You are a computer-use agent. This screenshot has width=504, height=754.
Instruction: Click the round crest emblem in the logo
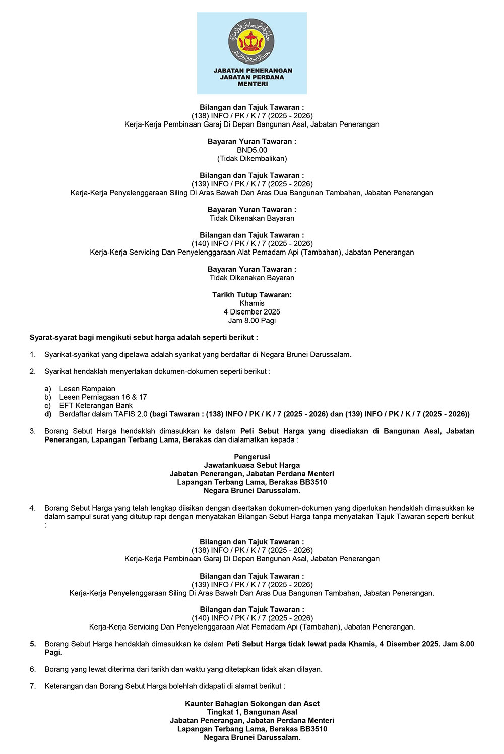252,39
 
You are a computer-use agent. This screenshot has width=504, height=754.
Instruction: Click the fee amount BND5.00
252,150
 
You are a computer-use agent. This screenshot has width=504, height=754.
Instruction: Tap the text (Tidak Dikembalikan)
252,159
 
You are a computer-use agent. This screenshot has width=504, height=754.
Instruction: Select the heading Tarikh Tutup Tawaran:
252,295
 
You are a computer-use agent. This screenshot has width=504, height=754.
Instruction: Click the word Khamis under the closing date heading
252,303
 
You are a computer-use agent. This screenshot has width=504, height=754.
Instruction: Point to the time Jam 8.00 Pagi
252,321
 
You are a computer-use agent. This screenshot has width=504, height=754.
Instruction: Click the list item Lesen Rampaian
87,389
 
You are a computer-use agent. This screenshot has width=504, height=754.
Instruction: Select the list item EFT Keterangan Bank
96,406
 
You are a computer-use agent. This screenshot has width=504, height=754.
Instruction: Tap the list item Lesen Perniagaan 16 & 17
103,397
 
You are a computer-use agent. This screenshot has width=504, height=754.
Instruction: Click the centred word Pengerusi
252,457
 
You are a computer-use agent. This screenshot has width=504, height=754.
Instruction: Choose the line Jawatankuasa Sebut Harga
252,465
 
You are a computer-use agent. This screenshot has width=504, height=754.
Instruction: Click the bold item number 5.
33,644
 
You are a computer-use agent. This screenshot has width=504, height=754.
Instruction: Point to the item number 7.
33,686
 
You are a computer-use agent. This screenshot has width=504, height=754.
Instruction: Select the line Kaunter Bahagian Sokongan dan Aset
252,704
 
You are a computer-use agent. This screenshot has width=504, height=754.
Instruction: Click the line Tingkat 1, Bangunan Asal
252,712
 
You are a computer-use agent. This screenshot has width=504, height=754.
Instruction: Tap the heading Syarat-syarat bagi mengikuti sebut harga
144,337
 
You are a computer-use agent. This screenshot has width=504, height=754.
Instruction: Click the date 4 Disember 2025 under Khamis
252,312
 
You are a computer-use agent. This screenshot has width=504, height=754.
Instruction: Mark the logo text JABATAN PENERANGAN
253,71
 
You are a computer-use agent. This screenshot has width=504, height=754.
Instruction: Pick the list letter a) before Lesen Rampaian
48,389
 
